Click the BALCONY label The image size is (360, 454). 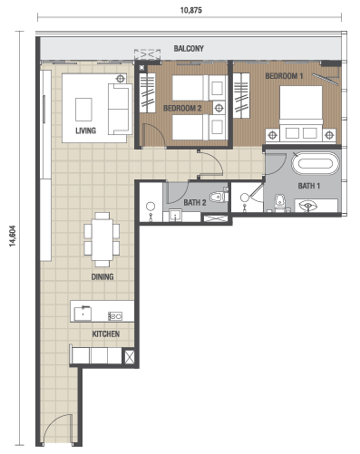tap(189, 48)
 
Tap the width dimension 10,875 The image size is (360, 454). tap(191, 10)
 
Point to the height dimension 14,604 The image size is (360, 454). tap(13, 236)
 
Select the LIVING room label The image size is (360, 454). tap(86, 130)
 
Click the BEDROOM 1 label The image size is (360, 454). tap(284, 76)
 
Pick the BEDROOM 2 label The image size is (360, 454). tap(182, 108)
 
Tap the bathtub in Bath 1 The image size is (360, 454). tap(316, 163)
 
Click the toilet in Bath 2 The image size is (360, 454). tap(219, 197)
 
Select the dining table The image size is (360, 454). tap(102, 239)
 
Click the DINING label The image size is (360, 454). tap(102, 276)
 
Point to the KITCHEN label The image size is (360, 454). tap(106, 333)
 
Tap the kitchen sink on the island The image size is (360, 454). tap(83, 314)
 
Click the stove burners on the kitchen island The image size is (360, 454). tap(115, 316)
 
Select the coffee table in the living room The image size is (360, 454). tap(83, 110)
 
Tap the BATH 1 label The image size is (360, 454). tap(309, 186)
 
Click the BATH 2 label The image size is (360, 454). tap(195, 202)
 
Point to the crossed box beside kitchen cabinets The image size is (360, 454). tap(129, 357)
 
